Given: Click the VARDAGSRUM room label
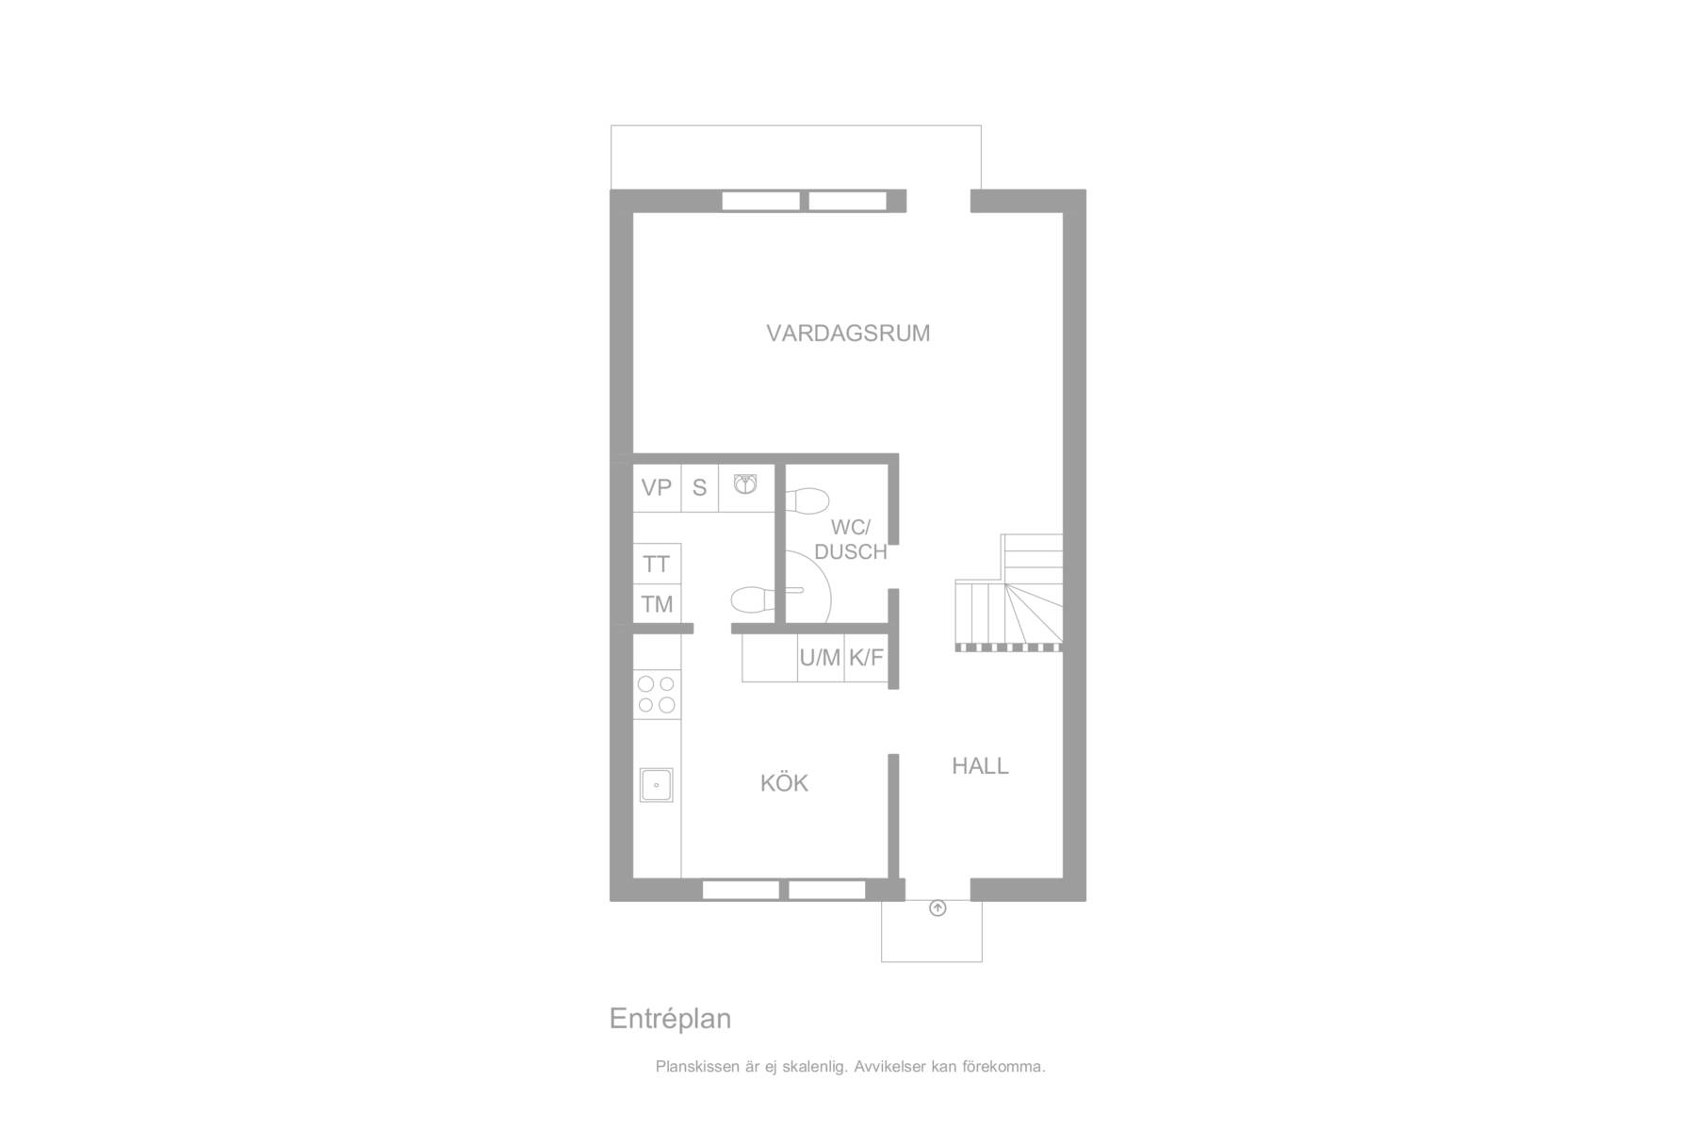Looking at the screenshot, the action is point(848,333).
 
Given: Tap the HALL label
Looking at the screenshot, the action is point(980,766).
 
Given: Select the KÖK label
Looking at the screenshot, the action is point(784,782).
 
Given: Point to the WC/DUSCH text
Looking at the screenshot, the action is point(850,539).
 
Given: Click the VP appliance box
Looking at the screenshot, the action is point(657,488).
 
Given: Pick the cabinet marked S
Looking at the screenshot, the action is point(699,488).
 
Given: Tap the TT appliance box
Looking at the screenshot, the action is point(657,564).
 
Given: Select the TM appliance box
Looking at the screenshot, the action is point(657,604).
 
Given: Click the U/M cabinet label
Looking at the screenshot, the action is point(820,658).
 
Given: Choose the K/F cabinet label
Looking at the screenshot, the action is point(866,658).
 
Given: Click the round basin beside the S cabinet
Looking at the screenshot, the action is point(745,485).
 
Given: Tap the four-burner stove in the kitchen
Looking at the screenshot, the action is point(657,695).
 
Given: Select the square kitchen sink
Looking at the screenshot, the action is point(657,785).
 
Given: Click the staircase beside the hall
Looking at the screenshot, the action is point(1009,592).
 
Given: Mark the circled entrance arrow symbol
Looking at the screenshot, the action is point(938,909).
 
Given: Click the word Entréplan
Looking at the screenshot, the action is point(670,1019).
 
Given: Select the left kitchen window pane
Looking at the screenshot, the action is point(741,890).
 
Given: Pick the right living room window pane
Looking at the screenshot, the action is point(848,201).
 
